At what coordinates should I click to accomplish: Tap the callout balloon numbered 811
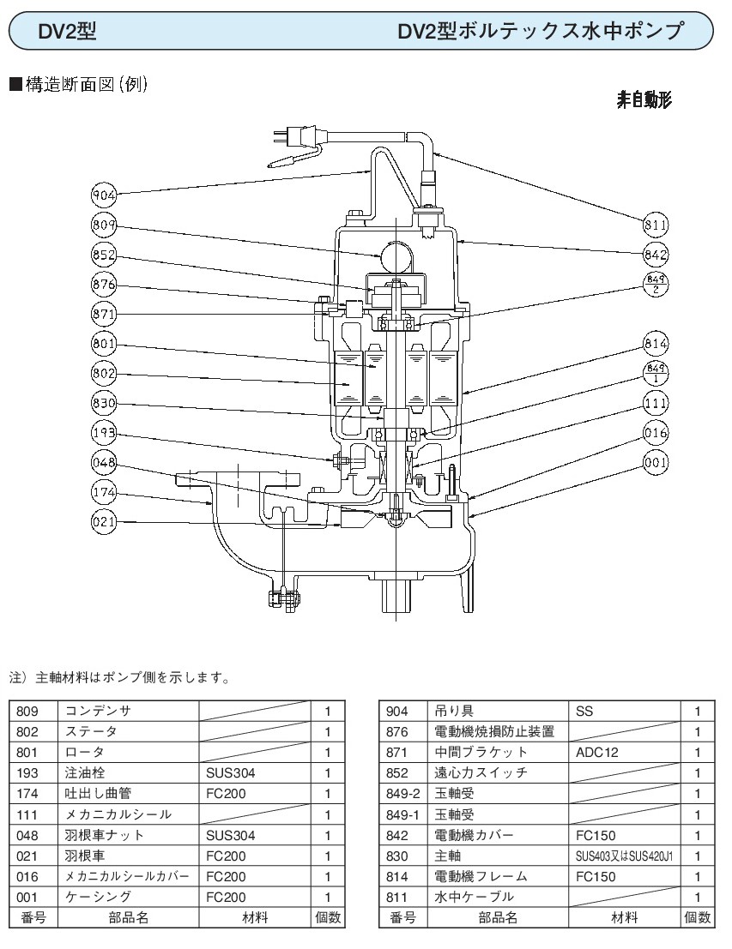(656, 225)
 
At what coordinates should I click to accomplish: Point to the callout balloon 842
(656, 255)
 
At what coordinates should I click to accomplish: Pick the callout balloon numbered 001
(656, 465)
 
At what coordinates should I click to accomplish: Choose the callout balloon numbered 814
(656, 345)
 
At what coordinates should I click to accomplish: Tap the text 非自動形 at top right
(644, 100)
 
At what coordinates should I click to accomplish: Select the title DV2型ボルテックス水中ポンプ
(541, 32)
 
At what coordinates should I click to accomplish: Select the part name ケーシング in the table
(98, 897)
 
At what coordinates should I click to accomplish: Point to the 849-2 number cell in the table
(402, 793)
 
